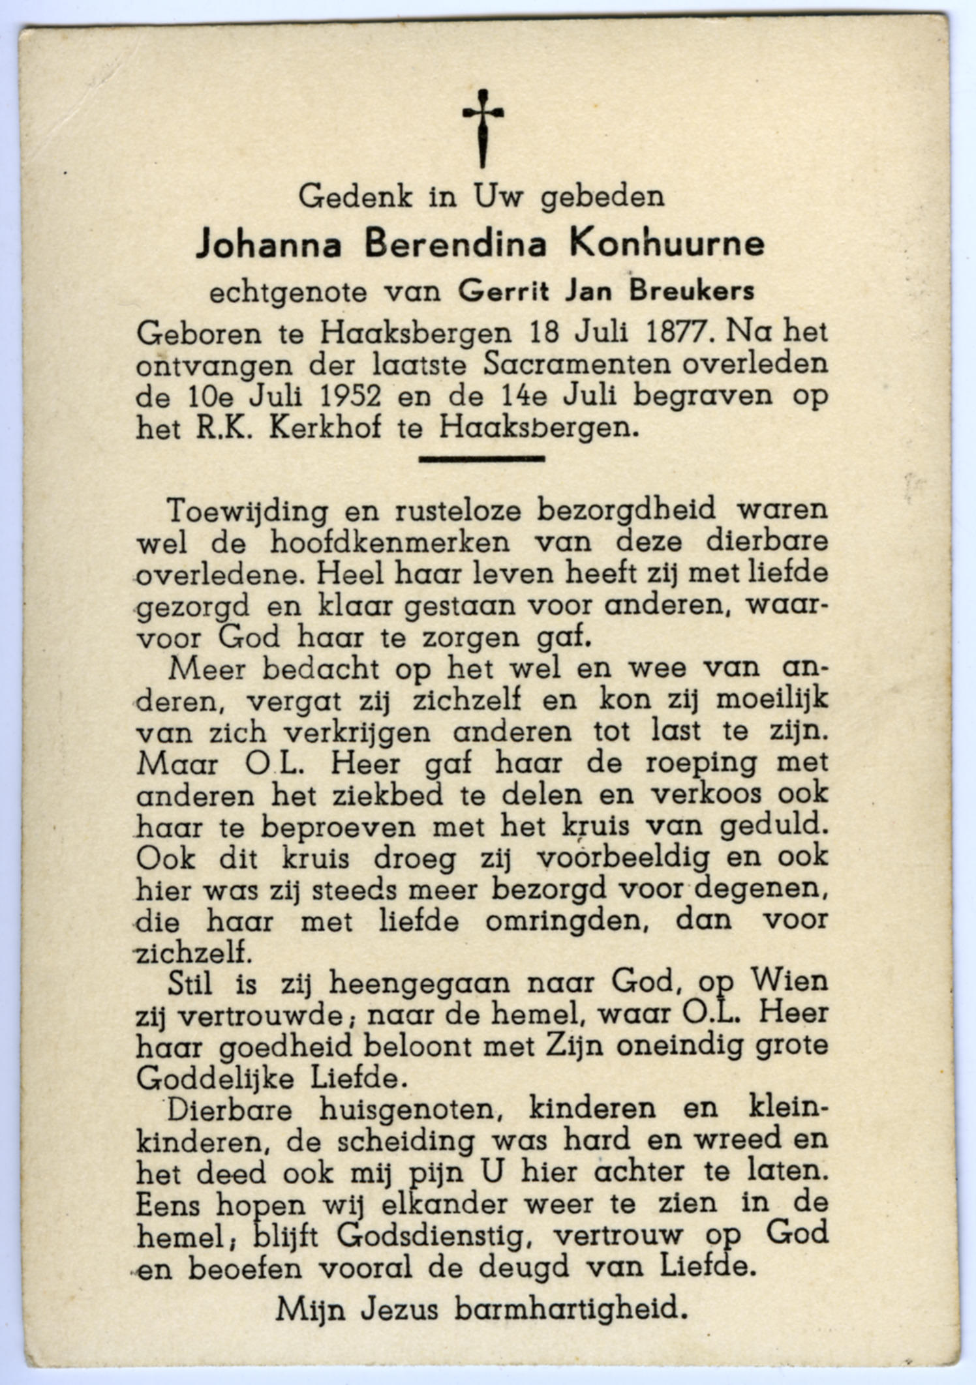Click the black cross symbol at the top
pos(483,127)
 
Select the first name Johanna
pos(269,245)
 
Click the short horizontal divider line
pos(481,459)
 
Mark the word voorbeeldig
pos(622,859)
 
